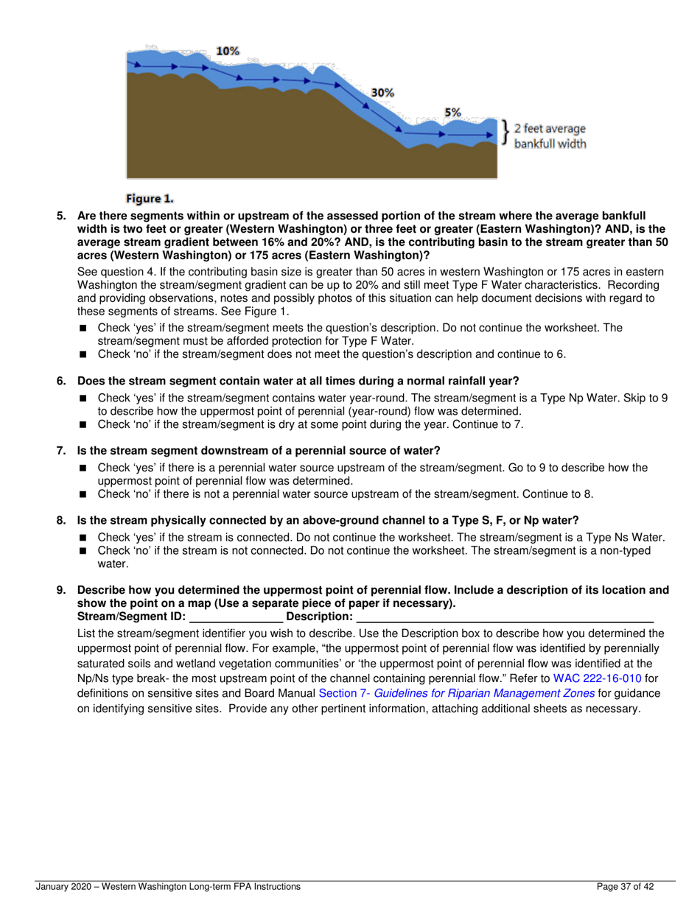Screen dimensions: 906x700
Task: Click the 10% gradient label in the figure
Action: [228, 51]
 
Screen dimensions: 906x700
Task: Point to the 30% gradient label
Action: [382, 94]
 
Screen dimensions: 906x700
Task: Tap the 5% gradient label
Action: [452, 113]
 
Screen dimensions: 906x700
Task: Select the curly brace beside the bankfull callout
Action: [505, 132]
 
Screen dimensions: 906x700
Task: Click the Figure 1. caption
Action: [150, 198]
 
